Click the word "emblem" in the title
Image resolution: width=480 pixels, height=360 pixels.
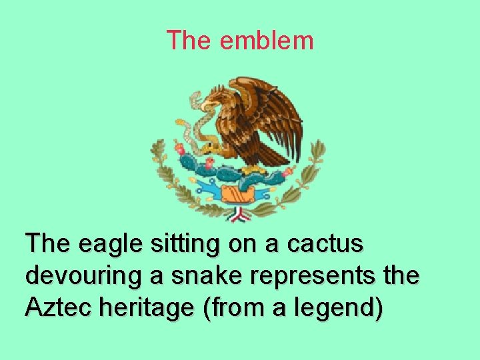(x=266, y=41)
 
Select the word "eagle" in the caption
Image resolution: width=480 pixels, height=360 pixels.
(x=108, y=244)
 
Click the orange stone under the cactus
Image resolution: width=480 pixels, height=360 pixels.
(x=236, y=194)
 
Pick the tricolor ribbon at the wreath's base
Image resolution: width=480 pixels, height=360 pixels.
(x=237, y=215)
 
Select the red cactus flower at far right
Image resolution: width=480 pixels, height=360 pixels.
(x=288, y=172)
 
